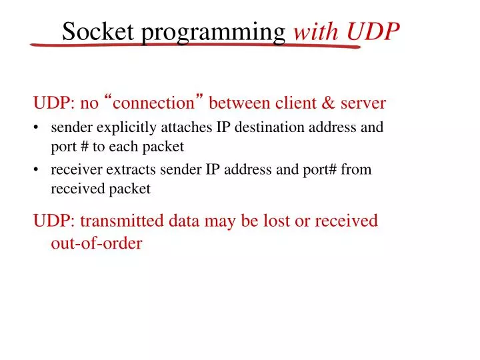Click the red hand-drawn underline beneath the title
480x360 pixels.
(x=193, y=46)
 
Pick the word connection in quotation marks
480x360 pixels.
(x=154, y=103)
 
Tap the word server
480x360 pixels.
(x=363, y=103)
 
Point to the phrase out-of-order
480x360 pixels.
(x=97, y=243)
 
